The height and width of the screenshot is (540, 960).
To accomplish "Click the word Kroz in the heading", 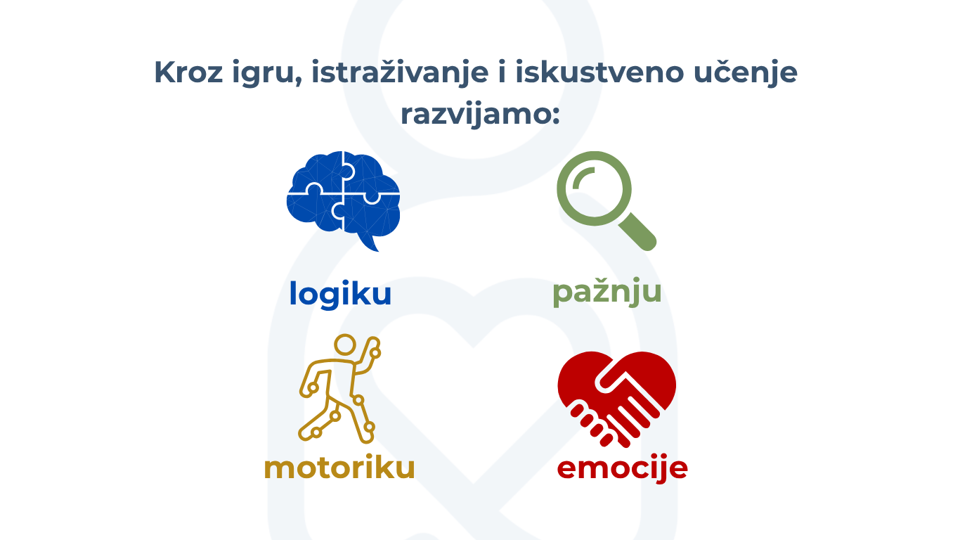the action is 188,72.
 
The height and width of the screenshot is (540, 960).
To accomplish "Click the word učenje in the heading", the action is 746,73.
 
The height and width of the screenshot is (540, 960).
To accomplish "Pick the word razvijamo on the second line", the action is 476,115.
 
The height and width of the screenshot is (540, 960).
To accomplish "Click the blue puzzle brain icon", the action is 343,200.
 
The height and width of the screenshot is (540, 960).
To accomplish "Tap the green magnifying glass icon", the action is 607,200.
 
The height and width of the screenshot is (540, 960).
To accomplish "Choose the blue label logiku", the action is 341,294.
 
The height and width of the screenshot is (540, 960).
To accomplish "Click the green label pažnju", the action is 607,292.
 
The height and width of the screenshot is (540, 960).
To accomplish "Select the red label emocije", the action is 622,468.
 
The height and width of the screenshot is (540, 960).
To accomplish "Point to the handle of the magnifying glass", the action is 637,231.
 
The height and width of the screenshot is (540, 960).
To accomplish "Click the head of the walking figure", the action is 345,345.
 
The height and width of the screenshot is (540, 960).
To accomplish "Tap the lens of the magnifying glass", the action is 594,188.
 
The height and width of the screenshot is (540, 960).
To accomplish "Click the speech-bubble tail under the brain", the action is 369,243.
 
